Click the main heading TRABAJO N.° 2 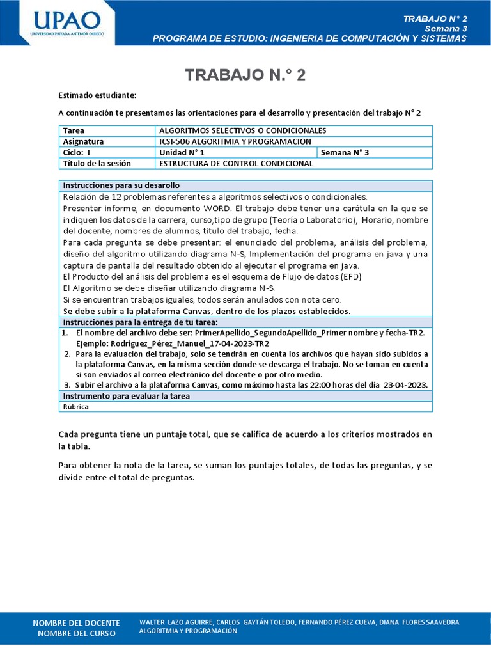coord(245,75)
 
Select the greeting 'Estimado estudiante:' coord(97,95)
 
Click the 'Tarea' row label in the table coord(74,130)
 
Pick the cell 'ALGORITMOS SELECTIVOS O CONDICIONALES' coord(242,130)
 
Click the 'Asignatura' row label coord(83,141)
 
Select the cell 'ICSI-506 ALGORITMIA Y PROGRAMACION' coord(235,141)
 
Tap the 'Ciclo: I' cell coord(77,152)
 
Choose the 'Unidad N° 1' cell coord(182,152)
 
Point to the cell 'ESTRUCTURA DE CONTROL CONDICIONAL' coord(236,163)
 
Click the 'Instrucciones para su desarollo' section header coord(121,185)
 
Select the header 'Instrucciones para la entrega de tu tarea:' coord(140,322)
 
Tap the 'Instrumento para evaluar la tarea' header coord(126,396)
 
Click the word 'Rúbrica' coord(75,406)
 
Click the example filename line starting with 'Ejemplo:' coord(173,343)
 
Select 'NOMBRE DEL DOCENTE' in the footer coord(76,622)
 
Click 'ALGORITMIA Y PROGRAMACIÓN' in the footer coord(188,631)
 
